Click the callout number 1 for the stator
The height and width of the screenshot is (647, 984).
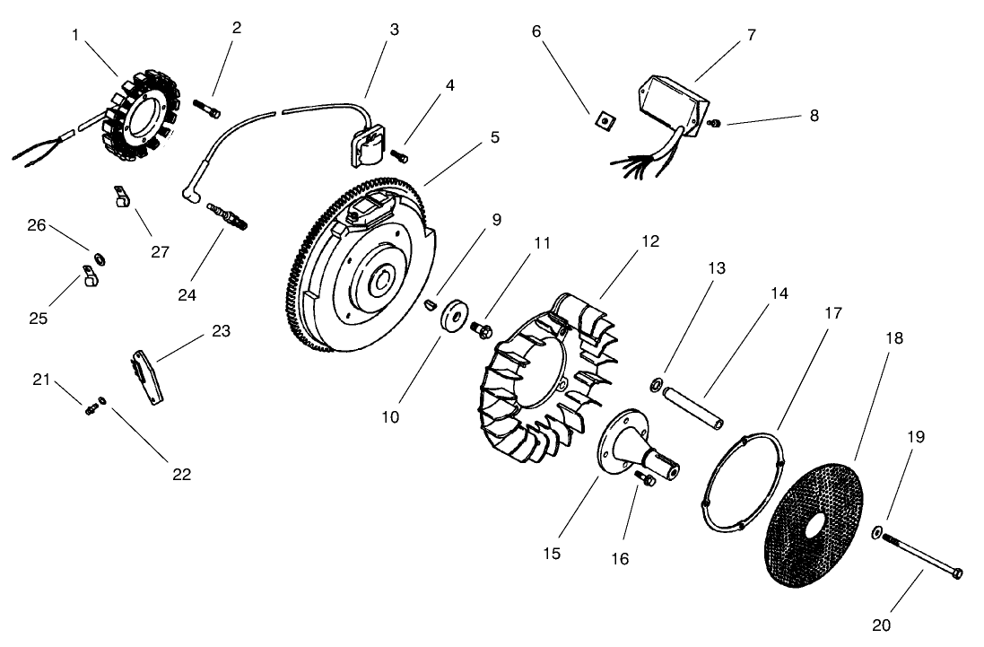75,35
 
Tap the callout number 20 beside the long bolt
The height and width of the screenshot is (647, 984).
881,625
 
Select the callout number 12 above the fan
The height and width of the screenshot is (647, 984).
650,241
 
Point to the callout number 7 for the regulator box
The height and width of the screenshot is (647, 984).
752,35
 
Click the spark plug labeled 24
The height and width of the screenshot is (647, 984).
227,215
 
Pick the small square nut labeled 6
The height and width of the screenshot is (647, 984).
605,118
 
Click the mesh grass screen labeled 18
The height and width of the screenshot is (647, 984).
814,526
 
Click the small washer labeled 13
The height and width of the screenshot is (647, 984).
657,383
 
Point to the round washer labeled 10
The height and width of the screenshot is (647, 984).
453,314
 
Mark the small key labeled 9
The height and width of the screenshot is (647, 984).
430,305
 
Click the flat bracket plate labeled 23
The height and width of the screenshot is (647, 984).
147,378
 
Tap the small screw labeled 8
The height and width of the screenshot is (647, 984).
712,123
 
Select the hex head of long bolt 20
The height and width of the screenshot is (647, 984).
957,573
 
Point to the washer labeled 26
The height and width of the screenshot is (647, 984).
100,259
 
